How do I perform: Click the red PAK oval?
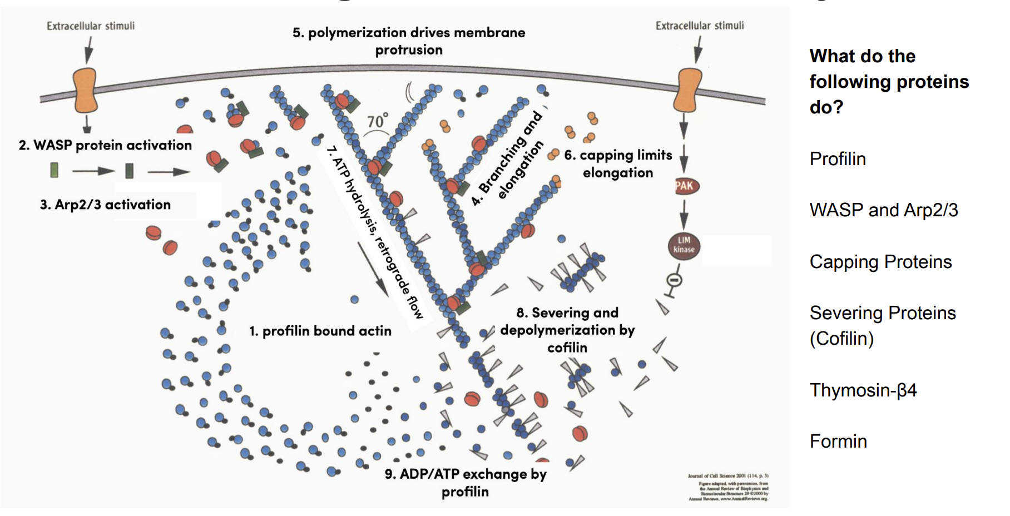685,186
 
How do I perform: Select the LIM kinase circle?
684,245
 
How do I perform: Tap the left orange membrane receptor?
85,90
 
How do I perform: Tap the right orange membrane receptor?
688,90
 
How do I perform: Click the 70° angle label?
377,122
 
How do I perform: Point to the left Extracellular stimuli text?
91,26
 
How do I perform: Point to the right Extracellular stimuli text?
699,26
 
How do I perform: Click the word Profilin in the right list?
837,159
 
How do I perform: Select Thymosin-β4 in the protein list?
863,390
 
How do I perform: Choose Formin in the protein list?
838,441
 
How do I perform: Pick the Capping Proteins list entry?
880,262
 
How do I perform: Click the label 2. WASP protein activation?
105,145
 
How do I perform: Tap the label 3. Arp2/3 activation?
105,205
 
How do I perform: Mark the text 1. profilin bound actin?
320,331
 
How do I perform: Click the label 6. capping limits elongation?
618,163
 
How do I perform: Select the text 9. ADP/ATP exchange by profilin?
466,482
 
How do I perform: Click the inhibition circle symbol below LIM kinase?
674,280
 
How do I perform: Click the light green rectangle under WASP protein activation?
54,170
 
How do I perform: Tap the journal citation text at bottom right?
729,487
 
